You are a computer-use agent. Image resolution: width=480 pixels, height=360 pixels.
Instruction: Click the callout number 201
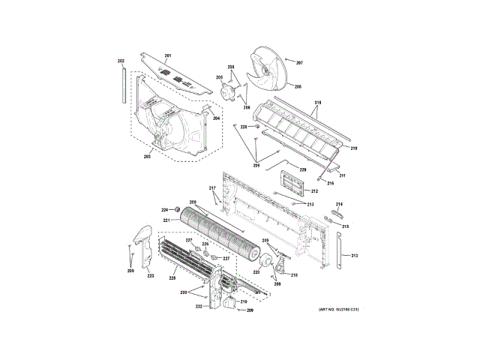[x=168, y=57]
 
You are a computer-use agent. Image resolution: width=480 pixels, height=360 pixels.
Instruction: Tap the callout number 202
[x=121, y=61]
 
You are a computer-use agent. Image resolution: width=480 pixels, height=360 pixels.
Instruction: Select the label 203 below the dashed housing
[x=148, y=157]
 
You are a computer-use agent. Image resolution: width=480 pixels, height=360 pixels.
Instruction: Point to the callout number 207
[x=298, y=62]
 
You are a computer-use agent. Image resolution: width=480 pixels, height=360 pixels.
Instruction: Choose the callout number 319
[x=317, y=102]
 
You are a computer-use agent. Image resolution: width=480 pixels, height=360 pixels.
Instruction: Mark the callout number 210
[x=353, y=149]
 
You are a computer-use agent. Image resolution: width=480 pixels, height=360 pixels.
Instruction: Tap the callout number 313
[x=355, y=256]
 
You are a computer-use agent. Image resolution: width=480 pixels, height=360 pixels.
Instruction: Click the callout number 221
[x=166, y=220]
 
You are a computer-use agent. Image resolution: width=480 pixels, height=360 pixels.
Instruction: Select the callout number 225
[x=172, y=278]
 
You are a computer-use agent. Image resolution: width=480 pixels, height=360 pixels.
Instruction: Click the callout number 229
[x=303, y=170]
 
